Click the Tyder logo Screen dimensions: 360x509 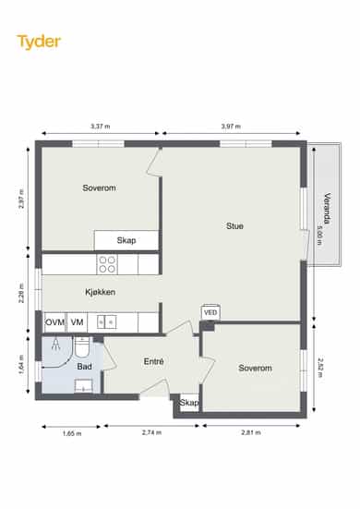(39, 42)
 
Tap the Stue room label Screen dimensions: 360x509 (234, 226)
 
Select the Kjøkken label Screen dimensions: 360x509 (101, 292)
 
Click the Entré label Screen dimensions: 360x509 (154, 361)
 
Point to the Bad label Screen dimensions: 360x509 (84, 367)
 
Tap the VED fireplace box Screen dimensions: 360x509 (210, 313)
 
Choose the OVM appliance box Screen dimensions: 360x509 (54, 322)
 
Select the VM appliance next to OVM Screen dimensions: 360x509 (77, 322)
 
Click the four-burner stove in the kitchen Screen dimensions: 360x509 (107, 264)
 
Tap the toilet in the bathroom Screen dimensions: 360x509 (82, 347)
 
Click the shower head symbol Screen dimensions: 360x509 (56, 344)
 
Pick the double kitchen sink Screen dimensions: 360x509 (106, 322)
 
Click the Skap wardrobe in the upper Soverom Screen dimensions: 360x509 (126, 240)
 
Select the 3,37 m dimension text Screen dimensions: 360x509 (101, 127)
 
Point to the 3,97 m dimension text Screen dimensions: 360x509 (231, 127)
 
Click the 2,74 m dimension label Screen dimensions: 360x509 (151, 432)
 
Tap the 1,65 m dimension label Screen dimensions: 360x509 (72, 433)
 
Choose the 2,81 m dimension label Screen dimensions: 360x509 (251, 432)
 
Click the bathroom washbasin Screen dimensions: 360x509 (84, 385)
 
